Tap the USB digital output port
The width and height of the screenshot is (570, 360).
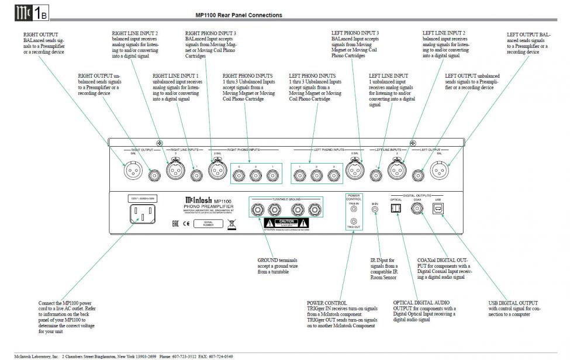coord(437,209)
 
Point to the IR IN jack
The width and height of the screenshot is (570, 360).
coord(376,209)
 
